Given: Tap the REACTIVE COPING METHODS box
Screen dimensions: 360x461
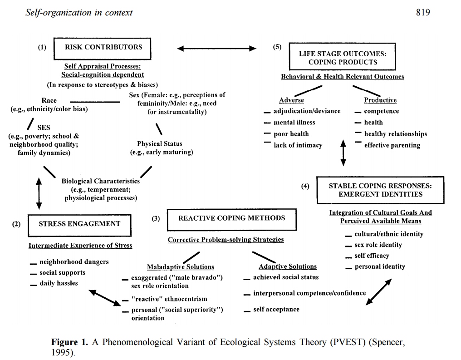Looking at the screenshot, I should (x=231, y=219).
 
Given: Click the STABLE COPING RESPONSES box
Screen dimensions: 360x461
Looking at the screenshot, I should (x=380, y=190).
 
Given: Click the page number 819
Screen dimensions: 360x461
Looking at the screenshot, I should (x=422, y=12).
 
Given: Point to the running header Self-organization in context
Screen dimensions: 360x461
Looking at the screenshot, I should (x=79, y=12).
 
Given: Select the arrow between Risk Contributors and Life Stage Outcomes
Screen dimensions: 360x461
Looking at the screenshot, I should (x=216, y=49).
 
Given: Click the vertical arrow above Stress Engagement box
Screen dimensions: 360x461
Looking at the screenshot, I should (x=39, y=193).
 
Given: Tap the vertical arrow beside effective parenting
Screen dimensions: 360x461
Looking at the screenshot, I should (x=343, y=153).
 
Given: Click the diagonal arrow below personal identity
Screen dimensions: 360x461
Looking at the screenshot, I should (x=378, y=291).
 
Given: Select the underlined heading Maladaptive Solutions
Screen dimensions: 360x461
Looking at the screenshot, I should (x=180, y=267).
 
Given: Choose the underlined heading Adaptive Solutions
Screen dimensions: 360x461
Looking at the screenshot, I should (x=288, y=266).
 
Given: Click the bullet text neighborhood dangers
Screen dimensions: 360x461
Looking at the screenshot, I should (x=74, y=262).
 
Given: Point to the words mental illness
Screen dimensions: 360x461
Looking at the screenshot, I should (x=294, y=123).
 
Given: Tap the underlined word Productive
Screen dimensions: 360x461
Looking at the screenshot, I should (x=380, y=100).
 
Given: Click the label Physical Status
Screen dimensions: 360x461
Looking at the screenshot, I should (x=160, y=144).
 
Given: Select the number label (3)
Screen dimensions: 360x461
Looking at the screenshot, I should (x=156, y=219).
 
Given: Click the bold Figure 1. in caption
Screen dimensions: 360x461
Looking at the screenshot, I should (x=71, y=342).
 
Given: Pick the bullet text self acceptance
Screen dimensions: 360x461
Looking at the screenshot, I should (x=276, y=310).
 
